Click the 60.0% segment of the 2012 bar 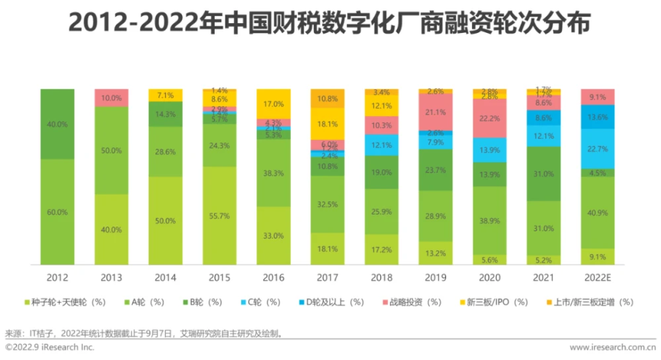pyautogui.click(x=58, y=212)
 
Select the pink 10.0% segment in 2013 pyautogui.click(x=111, y=98)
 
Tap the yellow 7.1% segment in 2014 pyautogui.click(x=165, y=95)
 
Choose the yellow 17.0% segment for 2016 pyautogui.click(x=273, y=104)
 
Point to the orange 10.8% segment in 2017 pyautogui.click(x=327, y=98)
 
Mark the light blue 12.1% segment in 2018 pyautogui.click(x=381, y=145)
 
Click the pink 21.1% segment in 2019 pyautogui.click(x=435, y=112)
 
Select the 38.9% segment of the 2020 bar pyautogui.click(x=489, y=220)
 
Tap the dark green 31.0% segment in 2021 pyautogui.click(x=543, y=173)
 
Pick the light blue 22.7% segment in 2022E pyautogui.click(x=597, y=149)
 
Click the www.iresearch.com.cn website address pyautogui.click(x=613, y=347)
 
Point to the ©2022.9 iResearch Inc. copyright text pyautogui.click(x=50, y=347)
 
